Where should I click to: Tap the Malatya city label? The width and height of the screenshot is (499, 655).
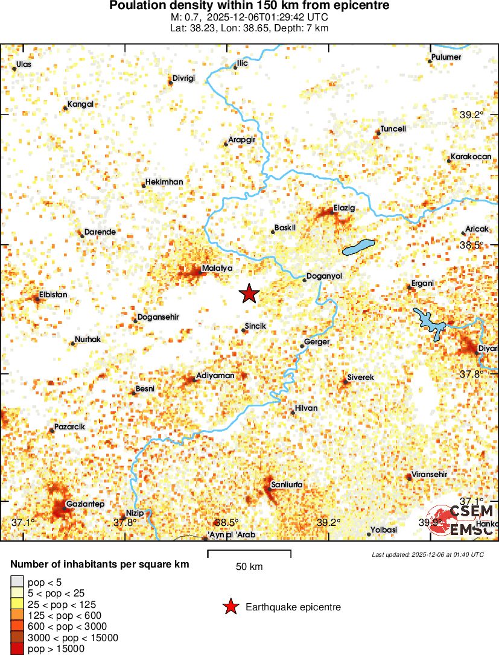pos(217,268)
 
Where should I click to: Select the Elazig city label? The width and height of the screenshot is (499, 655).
pos(345,209)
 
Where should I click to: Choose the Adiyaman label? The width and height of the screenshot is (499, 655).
pos(215,376)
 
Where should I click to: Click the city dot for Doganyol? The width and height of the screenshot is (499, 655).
pos(305,279)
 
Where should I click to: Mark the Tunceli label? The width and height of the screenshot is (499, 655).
pos(393,129)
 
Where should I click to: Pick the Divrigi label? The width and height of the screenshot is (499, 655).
pos(184,78)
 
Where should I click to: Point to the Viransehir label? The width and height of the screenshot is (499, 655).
pos(429,474)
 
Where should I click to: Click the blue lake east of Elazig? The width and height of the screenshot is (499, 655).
pos(358,247)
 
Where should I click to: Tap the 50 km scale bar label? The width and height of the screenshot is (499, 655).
pos(249,567)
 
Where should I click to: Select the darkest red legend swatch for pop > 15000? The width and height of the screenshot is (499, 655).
pos(17,649)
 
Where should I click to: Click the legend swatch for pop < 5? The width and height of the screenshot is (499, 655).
pos(17,582)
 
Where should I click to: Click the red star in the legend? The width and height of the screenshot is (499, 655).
pos(230,607)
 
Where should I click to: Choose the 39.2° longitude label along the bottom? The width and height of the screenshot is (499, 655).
pos(329,522)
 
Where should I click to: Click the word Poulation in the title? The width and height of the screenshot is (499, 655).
pos(136,5)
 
